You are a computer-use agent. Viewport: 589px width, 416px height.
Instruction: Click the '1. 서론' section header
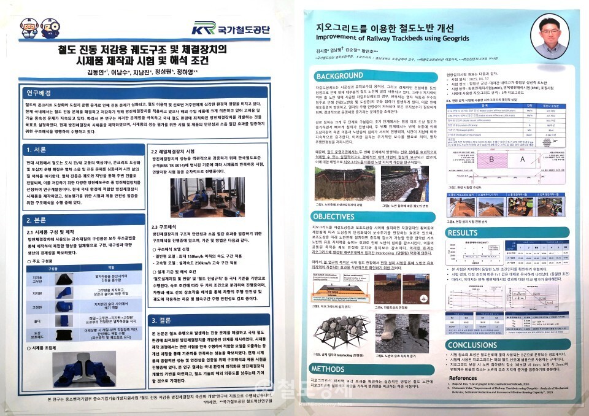(x=40, y=150)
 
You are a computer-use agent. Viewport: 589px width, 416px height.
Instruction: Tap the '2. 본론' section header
(x=40, y=220)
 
